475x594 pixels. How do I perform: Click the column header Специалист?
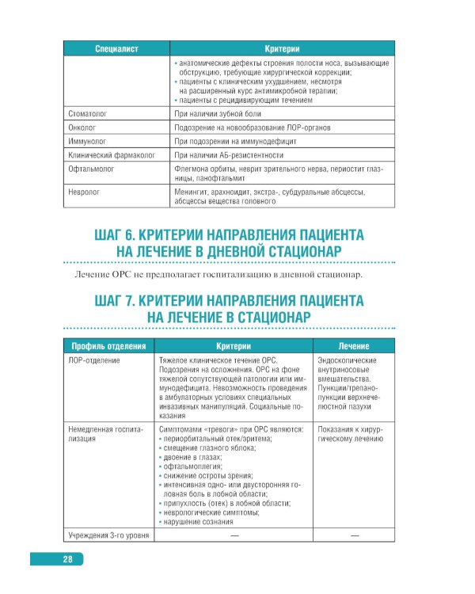click(x=116, y=48)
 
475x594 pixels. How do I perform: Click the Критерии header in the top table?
click(x=287, y=48)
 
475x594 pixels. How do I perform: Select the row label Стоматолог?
click(x=89, y=114)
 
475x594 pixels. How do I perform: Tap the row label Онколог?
click(x=83, y=128)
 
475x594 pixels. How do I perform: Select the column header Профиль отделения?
click(x=108, y=346)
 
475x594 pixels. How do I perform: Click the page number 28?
click(x=68, y=560)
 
